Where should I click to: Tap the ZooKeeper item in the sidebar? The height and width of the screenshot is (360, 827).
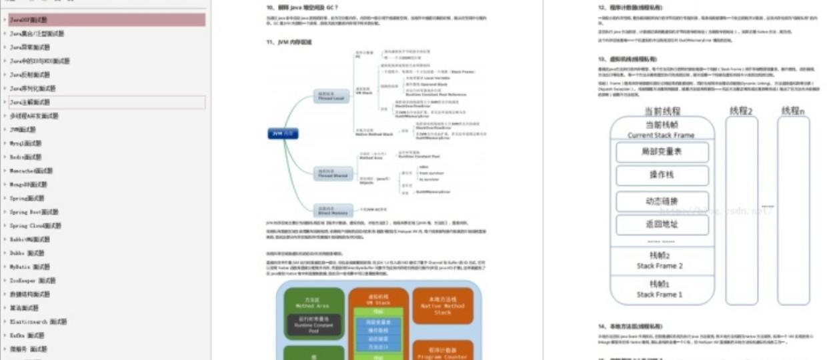[33, 281]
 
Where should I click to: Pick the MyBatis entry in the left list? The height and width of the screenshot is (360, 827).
[30, 267]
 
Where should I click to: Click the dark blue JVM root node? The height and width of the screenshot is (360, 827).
[282, 134]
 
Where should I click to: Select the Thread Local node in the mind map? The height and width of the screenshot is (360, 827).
[332, 96]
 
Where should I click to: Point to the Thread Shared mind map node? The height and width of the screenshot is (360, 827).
[332, 173]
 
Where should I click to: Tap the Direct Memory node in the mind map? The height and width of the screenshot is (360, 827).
[332, 211]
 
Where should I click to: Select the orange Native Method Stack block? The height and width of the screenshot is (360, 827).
[443, 306]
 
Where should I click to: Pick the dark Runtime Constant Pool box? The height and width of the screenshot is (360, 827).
[312, 325]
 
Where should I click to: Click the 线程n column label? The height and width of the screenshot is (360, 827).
[792, 111]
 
